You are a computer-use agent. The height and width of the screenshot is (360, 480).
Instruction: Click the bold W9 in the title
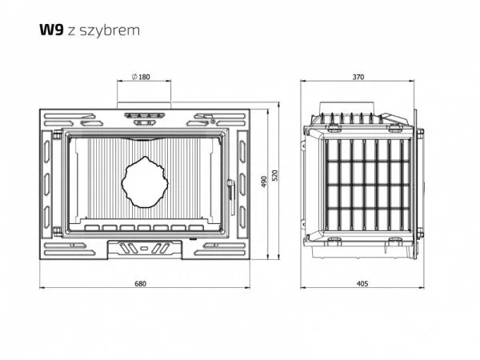[x=51, y=30]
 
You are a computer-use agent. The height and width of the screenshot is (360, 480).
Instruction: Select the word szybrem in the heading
[x=110, y=30]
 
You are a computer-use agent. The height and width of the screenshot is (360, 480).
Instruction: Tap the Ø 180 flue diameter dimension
[x=141, y=77]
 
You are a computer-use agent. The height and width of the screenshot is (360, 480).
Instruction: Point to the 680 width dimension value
[x=141, y=284]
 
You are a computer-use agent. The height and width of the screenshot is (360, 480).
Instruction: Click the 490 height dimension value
[x=265, y=182]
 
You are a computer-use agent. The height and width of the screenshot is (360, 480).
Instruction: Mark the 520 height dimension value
[x=274, y=175]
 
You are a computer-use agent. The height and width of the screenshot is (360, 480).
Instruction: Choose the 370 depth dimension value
[x=358, y=77]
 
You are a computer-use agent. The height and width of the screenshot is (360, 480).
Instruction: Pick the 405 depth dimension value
[x=362, y=284]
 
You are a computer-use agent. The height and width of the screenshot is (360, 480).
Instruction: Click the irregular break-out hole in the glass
[x=145, y=182]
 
